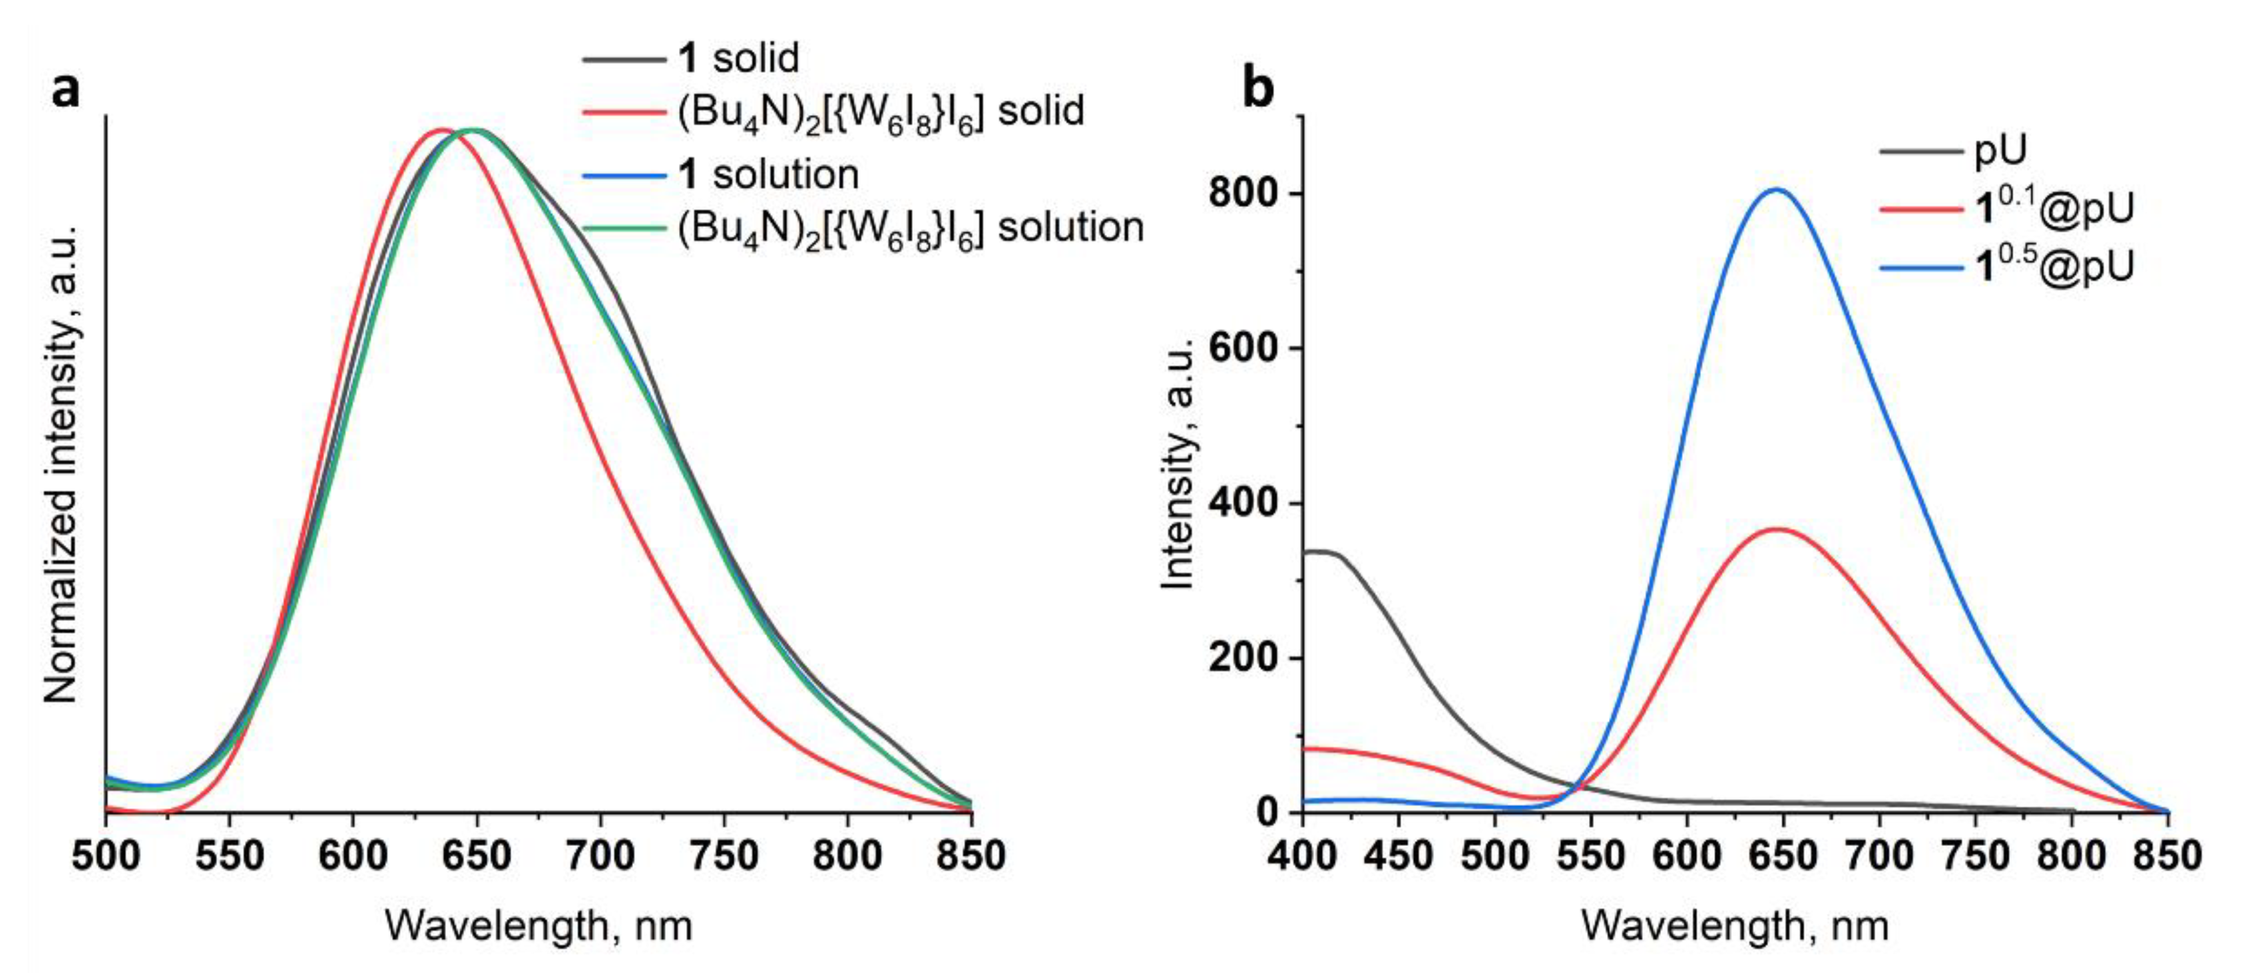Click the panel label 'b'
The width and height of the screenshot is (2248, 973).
tap(1257, 90)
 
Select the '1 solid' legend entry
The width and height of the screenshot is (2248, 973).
tap(738, 59)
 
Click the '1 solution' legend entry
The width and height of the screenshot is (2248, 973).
tap(768, 174)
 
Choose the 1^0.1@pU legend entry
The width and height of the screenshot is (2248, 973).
tap(2051, 208)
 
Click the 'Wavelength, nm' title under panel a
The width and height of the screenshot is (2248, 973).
tap(539, 926)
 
